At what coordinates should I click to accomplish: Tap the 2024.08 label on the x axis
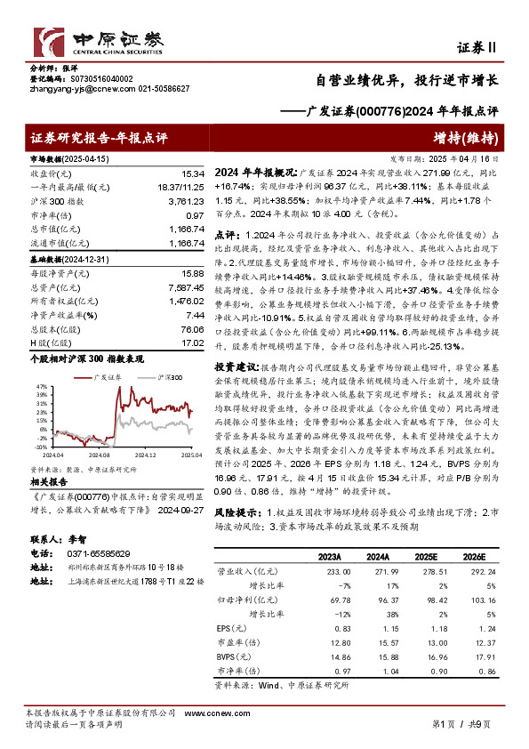106,453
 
